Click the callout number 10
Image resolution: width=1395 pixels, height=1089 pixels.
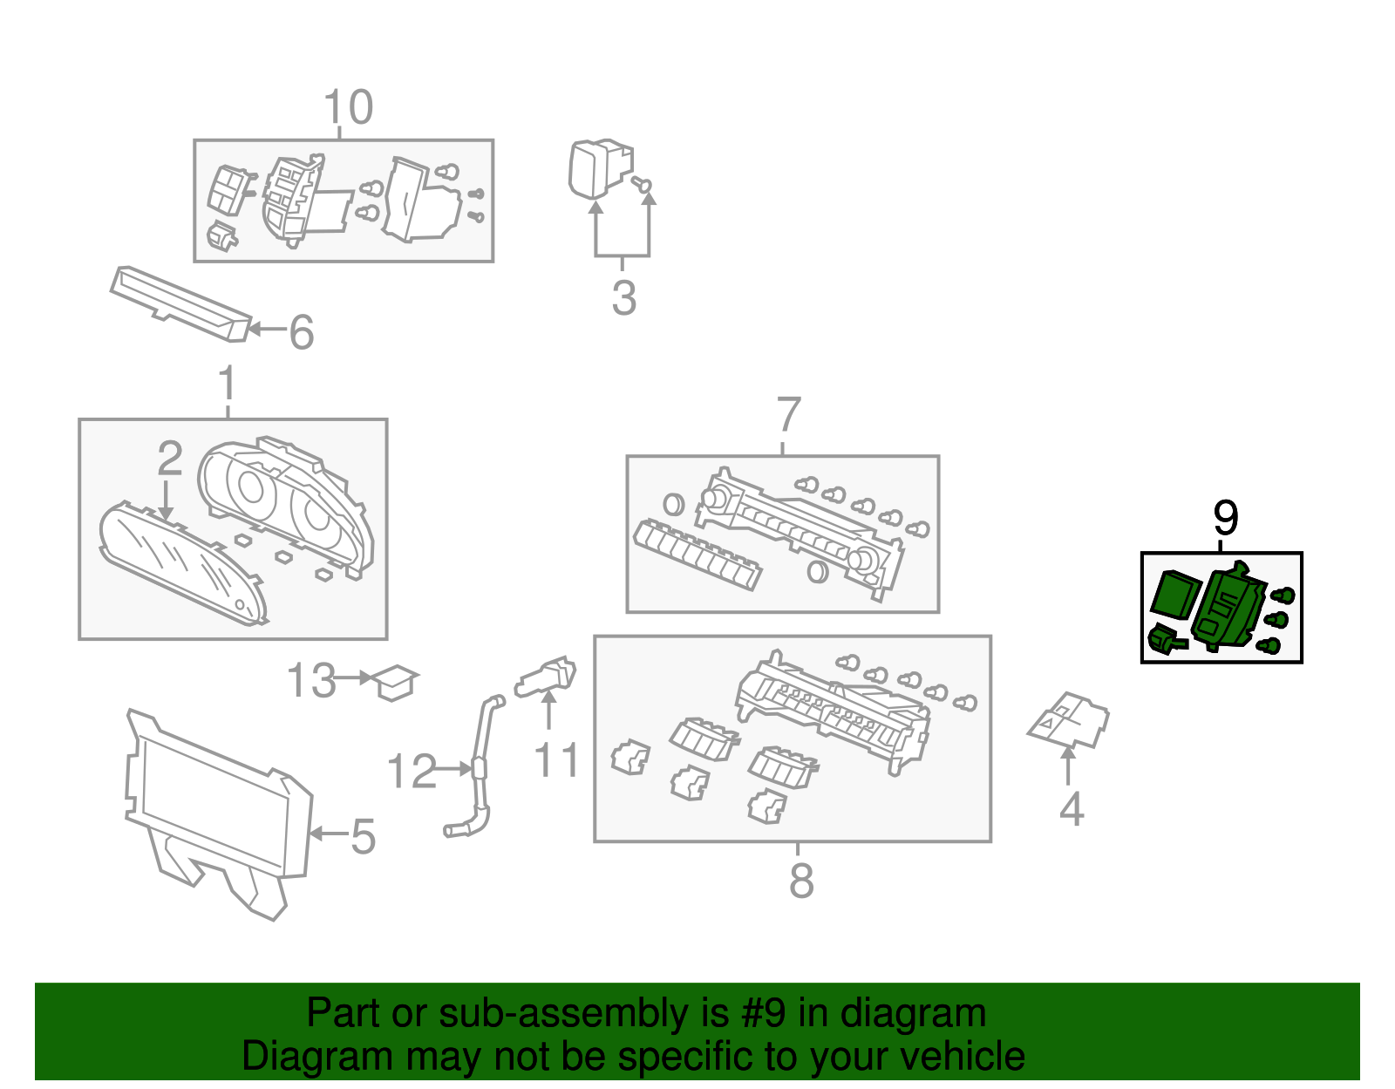348,108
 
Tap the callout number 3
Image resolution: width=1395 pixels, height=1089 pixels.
623,298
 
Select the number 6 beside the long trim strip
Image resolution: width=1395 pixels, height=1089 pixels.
301,332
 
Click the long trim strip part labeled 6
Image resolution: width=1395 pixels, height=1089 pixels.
180,303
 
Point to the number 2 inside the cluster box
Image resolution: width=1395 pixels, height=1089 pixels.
169,459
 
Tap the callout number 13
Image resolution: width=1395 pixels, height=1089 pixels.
310,681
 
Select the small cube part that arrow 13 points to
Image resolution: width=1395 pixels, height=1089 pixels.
395,682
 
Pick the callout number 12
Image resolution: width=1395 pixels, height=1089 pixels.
411,772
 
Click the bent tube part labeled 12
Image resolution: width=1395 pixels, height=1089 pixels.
479,767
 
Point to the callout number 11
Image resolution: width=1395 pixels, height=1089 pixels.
556,760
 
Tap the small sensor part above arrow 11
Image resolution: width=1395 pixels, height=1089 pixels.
547,676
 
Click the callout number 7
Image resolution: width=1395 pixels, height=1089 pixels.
787,415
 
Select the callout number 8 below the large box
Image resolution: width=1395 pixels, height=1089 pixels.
800,881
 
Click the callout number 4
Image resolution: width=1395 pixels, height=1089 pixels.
1071,810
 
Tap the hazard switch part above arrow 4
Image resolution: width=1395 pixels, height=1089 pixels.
1069,720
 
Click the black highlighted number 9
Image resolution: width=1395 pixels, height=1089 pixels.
1225,519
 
